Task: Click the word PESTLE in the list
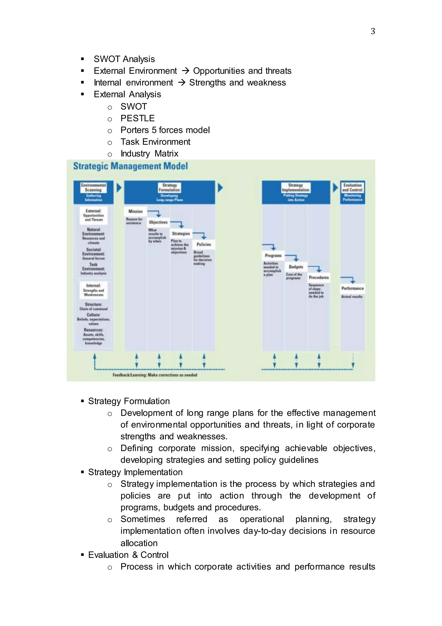pyautogui.click(x=137, y=118)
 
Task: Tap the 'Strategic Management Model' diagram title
pyautogui.click(x=130, y=166)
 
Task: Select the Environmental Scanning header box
pyautogui.click(x=93, y=192)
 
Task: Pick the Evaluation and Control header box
pyautogui.click(x=352, y=192)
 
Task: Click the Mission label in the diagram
pyautogui.click(x=135, y=211)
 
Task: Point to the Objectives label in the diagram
pyautogui.click(x=158, y=222)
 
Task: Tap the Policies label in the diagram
pyautogui.click(x=204, y=245)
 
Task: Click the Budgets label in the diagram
pyautogui.click(x=296, y=267)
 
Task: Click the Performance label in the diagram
pyautogui.click(x=352, y=288)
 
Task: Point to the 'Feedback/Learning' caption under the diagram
pyautogui.click(x=155, y=375)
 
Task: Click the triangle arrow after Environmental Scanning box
pyautogui.click(x=119, y=187)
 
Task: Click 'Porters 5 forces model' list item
pyautogui.click(x=165, y=130)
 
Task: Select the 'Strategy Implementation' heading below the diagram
pyautogui.click(x=135, y=472)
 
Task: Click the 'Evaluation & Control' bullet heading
pyautogui.click(x=128, y=555)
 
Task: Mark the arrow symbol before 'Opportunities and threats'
pyautogui.click(x=185, y=71)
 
